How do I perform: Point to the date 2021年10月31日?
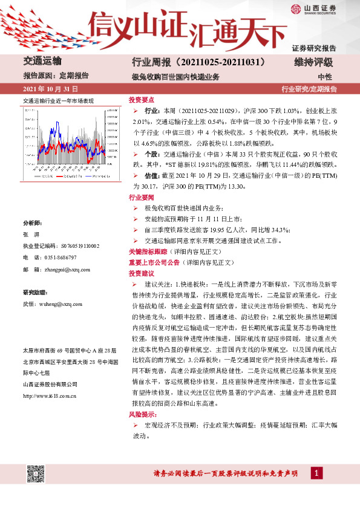point(50,89)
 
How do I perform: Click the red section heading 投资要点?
point(142,100)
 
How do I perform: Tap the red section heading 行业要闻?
point(142,197)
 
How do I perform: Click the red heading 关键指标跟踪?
point(146,250)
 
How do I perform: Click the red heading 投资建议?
point(142,274)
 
